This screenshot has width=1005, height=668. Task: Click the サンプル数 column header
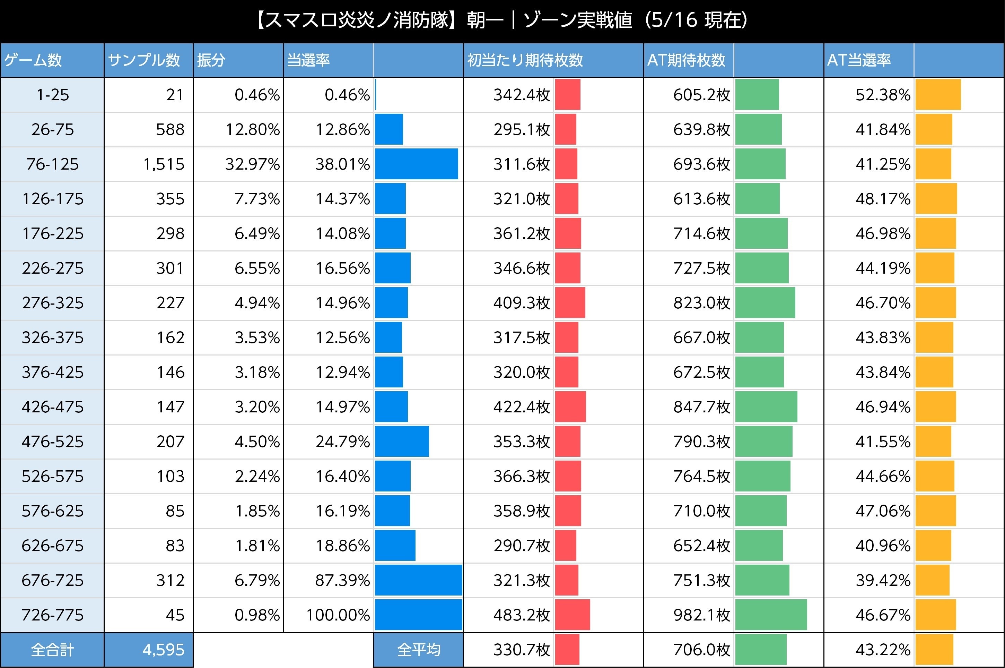[x=144, y=60]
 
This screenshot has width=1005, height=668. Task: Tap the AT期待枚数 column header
[x=686, y=60]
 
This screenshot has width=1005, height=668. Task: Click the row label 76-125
[x=52, y=164]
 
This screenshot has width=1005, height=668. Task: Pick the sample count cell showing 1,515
[x=164, y=164]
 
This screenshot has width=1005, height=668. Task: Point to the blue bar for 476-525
[x=402, y=442]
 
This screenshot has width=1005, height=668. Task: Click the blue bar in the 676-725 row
[x=418, y=580]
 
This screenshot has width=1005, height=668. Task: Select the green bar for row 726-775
[x=771, y=615]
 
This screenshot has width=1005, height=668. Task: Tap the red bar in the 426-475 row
[x=570, y=407]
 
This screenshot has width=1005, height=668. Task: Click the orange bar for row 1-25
[x=938, y=95]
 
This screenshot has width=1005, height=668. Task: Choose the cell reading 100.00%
[x=338, y=615]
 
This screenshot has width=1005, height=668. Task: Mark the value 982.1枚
[x=701, y=615]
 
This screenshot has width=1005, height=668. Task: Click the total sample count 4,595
[x=164, y=650]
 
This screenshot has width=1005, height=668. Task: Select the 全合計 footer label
[x=52, y=650]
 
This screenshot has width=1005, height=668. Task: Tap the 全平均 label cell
[x=418, y=650]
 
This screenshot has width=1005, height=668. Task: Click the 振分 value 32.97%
[x=252, y=164]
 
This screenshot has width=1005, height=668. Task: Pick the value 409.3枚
[x=522, y=303]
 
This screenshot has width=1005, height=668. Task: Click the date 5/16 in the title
[x=674, y=20]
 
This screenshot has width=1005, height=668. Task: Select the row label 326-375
[x=52, y=337]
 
